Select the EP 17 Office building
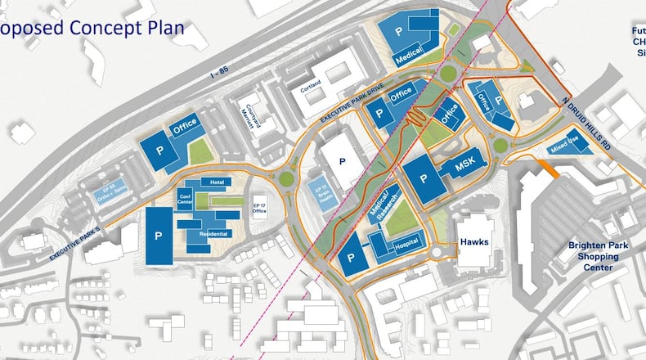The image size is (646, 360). point(260,209)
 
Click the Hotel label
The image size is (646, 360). point(217,182)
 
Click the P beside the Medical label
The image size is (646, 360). point(400,31)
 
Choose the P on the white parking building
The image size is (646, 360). point(344,162)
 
